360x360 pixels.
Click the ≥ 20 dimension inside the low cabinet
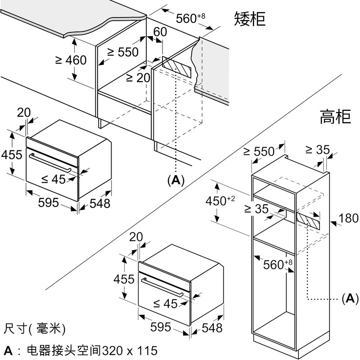point(137,78)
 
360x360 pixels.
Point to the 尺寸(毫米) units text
point(34,329)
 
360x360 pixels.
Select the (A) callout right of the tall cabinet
point(350,298)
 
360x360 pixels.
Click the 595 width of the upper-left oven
point(49,202)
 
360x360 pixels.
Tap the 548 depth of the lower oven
point(212,328)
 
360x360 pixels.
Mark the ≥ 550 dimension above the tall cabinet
point(258,152)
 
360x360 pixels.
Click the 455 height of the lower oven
point(124,279)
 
